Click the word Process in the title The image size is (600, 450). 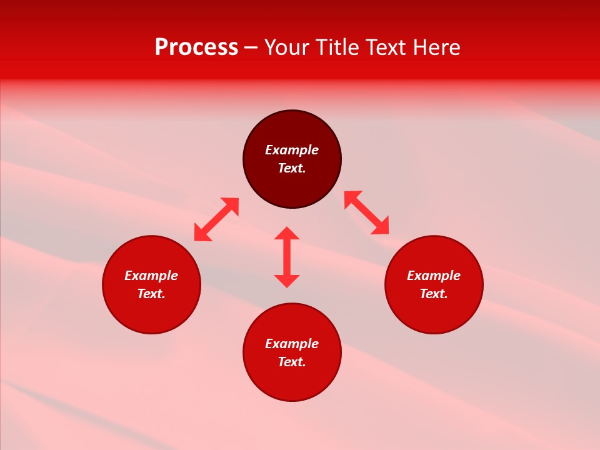(x=196, y=47)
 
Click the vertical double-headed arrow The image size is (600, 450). (x=287, y=257)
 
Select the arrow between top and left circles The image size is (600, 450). (x=216, y=219)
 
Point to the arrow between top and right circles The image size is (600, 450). (x=366, y=212)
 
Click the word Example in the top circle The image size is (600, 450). (x=292, y=150)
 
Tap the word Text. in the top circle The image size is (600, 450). (x=292, y=168)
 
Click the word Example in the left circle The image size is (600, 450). (x=151, y=276)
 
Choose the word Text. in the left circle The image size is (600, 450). (x=151, y=294)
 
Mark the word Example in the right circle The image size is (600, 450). (x=434, y=276)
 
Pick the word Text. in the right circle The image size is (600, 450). (x=434, y=294)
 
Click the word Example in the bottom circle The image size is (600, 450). (x=292, y=344)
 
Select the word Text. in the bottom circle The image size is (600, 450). (x=292, y=362)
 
